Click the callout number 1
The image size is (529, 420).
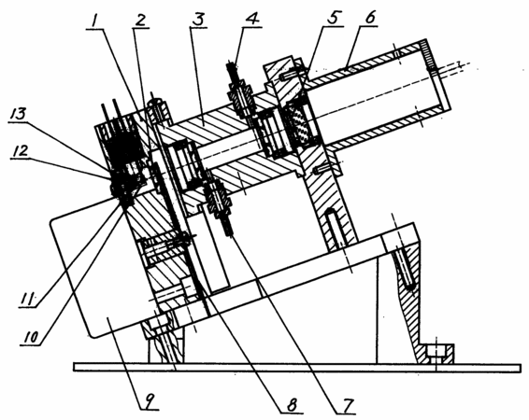tap(95, 21)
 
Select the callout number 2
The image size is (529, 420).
tap(141, 21)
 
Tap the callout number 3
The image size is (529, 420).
tap(198, 21)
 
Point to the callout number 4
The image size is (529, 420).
tap(252, 20)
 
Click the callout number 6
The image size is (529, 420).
tap(370, 17)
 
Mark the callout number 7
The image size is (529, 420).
tap(346, 405)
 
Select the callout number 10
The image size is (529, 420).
tap(31, 337)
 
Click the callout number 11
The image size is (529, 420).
tap(28, 299)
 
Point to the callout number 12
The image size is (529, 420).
tap(20, 150)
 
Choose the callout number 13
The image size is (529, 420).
tap(16, 114)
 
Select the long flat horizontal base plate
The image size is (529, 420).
tap(297, 368)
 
